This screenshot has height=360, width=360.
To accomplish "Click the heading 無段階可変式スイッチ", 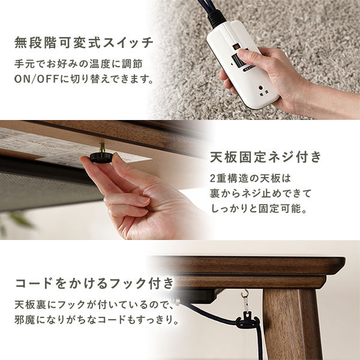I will pyautogui.click(x=84, y=43).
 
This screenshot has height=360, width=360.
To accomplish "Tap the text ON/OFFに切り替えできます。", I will pyautogui.click(x=83, y=79).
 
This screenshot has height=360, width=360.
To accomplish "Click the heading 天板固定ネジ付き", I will pyautogui.click(x=265, y=158).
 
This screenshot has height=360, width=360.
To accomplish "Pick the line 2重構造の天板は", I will pyautogui.click(x=249, y=179).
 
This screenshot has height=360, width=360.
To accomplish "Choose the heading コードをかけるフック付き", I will pyautogui.click(x=95, y=282).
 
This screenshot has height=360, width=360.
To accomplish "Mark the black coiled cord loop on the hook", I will pyautogui.click(x=247, y=323).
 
